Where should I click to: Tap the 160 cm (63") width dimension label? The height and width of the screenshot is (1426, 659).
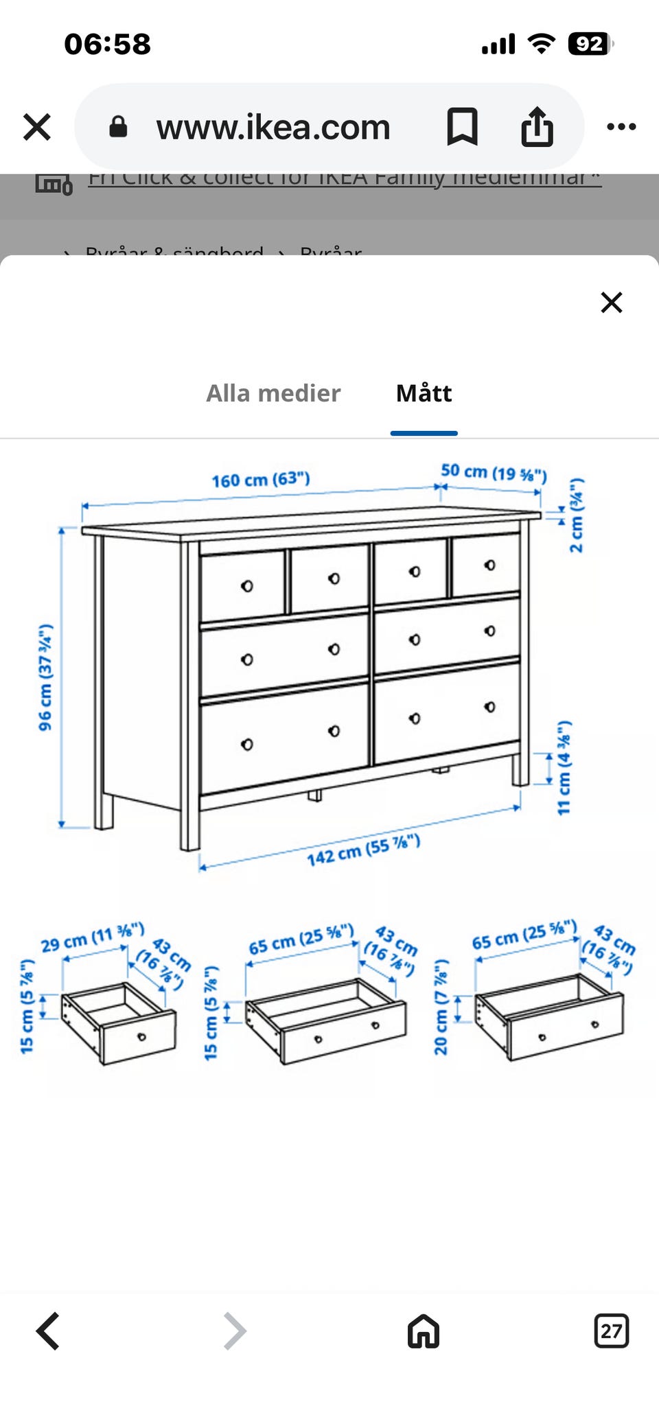260,479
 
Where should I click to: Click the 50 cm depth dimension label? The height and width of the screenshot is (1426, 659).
493,472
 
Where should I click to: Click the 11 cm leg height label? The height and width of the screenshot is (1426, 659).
564,768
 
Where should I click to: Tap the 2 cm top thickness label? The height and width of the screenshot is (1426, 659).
577,515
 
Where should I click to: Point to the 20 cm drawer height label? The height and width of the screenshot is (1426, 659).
441,1007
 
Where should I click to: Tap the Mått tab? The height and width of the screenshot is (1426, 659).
424,393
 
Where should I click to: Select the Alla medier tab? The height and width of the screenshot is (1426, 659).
273,393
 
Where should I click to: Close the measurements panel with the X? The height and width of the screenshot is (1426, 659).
611,302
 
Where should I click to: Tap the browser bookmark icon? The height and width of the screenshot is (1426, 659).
462,127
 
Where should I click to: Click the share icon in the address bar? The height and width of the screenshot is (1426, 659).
537,127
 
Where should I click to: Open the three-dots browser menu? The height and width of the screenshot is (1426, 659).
621,127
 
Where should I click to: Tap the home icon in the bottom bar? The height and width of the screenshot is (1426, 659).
423,1331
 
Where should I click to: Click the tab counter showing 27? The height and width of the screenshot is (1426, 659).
611,1331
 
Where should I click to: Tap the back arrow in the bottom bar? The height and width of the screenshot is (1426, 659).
48,1331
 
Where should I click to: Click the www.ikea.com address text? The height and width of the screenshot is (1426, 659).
273,128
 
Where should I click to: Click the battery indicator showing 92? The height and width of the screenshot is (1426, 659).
589,44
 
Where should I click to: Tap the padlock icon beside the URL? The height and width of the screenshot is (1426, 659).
118,127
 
